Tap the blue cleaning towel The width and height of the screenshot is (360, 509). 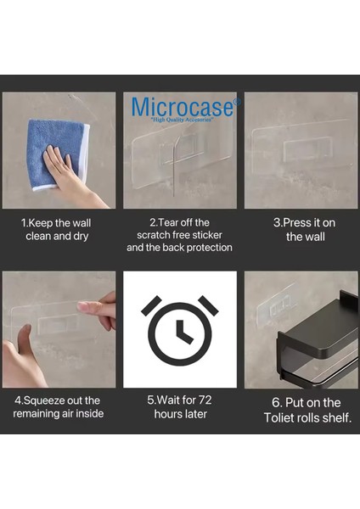pyautogui.click(x=55, y=153)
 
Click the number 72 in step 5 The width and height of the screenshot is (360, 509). pyautogui.click(x=205, y=400)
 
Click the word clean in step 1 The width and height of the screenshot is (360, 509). pyautogui.click(x=38, y=236)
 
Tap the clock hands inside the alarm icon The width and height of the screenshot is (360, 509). pyautogui.click(x=183, y=332)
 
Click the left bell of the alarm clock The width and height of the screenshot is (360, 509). pyautogui.click(x=151, y=305)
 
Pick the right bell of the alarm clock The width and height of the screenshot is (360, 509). pyautogui.click(x=208, y=305)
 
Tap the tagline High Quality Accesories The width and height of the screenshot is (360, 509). pyautogui.click(x=182, y=120)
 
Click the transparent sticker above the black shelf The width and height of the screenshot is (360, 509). pyautogui.click(x=276, y=308)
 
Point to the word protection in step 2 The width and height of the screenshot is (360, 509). pyautogui.click(x=210, y=248)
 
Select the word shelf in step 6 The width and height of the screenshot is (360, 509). pyautogui.click(x=339, y=417)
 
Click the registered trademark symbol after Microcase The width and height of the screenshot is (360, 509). pyautogui.click(x=238, y=102)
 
